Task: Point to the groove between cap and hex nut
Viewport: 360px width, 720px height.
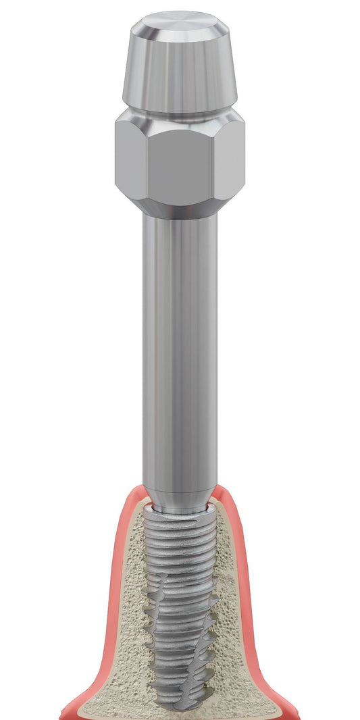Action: coord(179,113)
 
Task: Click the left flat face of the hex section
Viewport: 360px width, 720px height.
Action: coord(129,159)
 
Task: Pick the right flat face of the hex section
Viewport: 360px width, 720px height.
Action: coord(230,159)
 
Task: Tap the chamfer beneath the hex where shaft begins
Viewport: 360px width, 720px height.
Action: coord(179,211)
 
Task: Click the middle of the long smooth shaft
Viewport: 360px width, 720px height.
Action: coord(179,351)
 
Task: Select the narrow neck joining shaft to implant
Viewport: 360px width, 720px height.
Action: coord(179,508)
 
